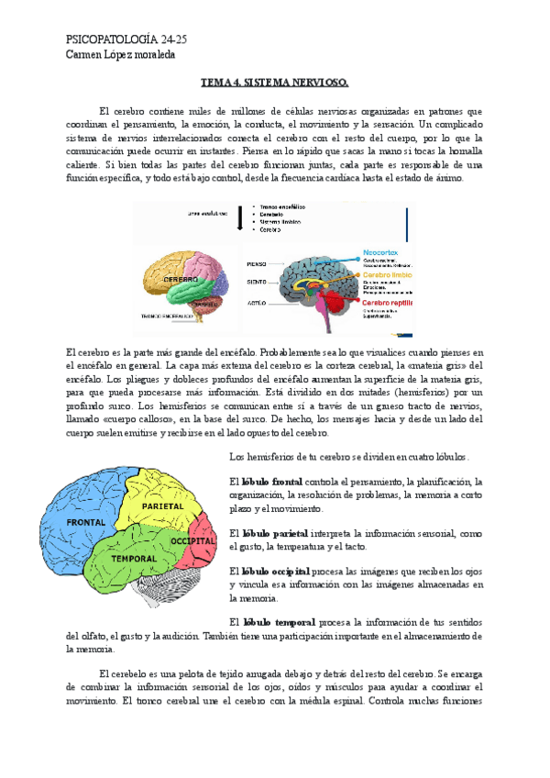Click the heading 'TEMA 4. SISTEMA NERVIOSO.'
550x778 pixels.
274,83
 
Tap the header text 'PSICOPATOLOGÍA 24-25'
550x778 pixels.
127,39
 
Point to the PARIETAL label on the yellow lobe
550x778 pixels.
163,506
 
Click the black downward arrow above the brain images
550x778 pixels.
239,217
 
